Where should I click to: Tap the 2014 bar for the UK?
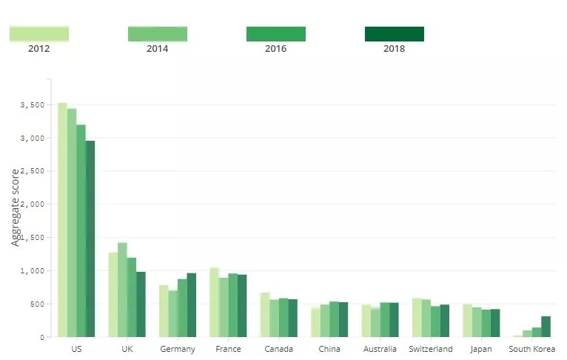click(122, 290)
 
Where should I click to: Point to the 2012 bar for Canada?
click(265, 315)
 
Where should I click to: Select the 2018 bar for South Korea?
click(546, 327)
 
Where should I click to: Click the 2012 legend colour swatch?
click(39, 33)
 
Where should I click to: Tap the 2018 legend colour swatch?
click(395, 33)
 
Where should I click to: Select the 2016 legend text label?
click(275, 49)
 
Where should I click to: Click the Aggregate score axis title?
click(16, 207)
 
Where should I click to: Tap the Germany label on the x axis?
click(178, 349)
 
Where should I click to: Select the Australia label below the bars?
click(380, 349)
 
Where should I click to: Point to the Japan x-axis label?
click(480, 349)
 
